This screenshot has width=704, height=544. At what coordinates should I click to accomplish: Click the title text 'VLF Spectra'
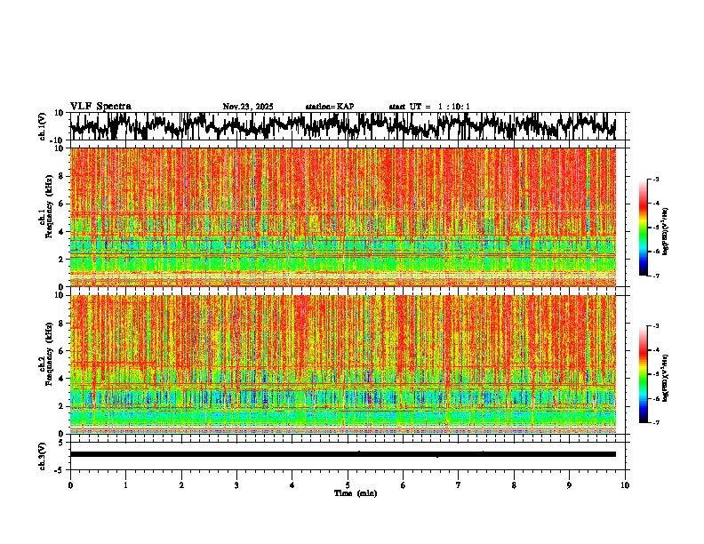click(100, 107)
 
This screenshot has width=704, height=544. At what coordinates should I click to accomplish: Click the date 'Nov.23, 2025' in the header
click(248, 107)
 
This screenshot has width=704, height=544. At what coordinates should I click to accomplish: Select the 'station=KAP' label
click(330, 107)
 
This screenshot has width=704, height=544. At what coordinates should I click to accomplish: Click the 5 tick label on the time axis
click(348, 484)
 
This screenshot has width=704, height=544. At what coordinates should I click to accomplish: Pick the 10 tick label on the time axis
click(626, 484)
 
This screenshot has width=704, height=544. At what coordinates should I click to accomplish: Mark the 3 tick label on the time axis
click(236, 484)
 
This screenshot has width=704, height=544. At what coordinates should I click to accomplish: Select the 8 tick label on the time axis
click(515, 484)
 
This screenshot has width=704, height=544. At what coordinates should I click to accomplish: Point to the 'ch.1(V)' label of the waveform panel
click(42, 126)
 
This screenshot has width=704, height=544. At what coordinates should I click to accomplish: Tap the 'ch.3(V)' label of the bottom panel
click(42, 453)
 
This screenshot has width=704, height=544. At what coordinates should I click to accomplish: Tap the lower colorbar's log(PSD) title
click(665, 374)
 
